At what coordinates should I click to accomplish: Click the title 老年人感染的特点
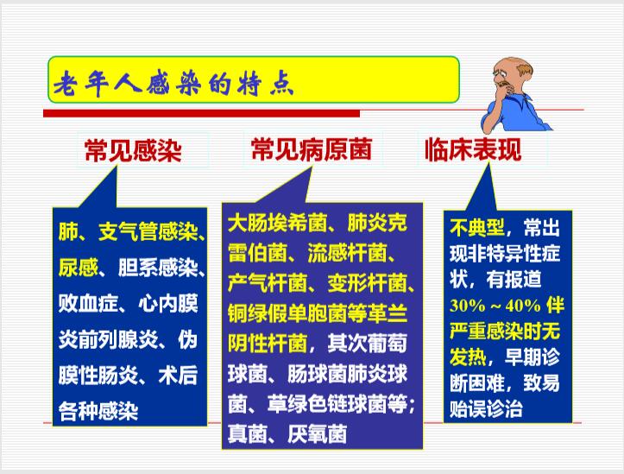(173, 84)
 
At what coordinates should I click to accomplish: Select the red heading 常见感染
(133, 151)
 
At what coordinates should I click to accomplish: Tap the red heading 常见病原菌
(312, 149)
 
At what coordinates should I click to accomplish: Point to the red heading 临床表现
(473, 150)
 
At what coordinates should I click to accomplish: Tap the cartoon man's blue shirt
(517, 113)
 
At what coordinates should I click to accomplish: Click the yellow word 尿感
(78, 268)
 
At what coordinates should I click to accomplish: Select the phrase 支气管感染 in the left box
(148, 231)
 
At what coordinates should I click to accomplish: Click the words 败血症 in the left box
(88, 304)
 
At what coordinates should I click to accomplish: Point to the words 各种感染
(98, 411)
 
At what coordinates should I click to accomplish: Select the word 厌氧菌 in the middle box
(317, 433)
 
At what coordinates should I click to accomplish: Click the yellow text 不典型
(477, 228)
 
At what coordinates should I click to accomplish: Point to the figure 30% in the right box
(468, 306)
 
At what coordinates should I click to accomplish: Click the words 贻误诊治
(486, 408)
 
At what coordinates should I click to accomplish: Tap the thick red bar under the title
(201, 113)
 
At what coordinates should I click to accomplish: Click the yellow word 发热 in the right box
(468, 357)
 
